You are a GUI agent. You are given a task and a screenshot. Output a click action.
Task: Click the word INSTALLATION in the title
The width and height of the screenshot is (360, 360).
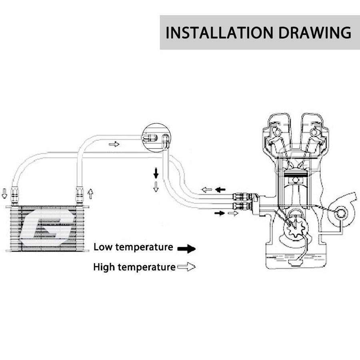point(219,33)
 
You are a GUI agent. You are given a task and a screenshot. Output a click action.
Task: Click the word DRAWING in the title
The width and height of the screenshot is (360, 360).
point(315,33)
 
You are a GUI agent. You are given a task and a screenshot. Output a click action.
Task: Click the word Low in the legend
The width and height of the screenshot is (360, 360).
point(103,247)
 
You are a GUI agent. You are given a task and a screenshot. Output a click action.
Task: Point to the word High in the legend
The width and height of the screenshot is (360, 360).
point(104,267)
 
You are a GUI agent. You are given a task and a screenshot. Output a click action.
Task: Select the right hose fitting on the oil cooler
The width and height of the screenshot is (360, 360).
point(79,195)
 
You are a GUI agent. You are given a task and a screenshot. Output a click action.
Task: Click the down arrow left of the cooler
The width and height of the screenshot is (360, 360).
point(4,193)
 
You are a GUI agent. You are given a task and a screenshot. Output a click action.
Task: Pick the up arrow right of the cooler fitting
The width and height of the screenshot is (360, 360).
point(90,194)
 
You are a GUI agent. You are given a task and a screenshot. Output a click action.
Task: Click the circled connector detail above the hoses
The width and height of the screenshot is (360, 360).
point(156,138)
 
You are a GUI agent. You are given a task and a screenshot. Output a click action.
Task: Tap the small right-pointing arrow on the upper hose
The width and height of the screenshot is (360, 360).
point(114,144)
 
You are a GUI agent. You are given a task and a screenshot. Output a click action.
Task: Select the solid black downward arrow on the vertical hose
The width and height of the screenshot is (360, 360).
point(156,173)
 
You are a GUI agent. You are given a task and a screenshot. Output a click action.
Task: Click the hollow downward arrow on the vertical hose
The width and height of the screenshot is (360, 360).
point(156,187)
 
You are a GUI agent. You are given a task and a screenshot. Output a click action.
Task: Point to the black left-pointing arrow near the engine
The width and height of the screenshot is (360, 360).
point(220,190)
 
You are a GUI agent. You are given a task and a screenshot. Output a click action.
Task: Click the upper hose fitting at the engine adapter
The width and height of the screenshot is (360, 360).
point(240,197)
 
